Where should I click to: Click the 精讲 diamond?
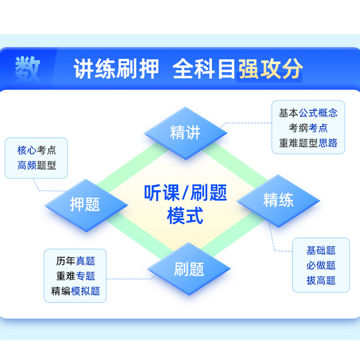pos(185,133)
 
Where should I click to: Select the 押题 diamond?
pos(85,205)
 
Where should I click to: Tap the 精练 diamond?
pos(278,200)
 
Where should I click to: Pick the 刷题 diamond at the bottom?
pos(189,269)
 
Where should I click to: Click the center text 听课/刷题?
pos(185,193)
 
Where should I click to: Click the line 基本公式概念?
pos(308,113)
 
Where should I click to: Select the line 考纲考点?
pos(308,128)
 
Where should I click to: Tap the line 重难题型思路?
pos(308,144)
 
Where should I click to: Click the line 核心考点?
pos(37,150)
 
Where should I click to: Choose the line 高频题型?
pos(37,165)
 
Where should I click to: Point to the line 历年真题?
pos(76,261)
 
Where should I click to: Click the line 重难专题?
pos(76,276)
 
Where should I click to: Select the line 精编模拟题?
pos(76,291)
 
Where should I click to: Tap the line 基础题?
pos(321,251)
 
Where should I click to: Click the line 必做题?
pos(321,265)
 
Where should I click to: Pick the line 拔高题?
pos(321,281)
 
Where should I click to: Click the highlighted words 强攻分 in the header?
pos(270,70)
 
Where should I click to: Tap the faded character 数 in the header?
pos(28,70)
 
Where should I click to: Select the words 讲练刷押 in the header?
pos(116,70)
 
